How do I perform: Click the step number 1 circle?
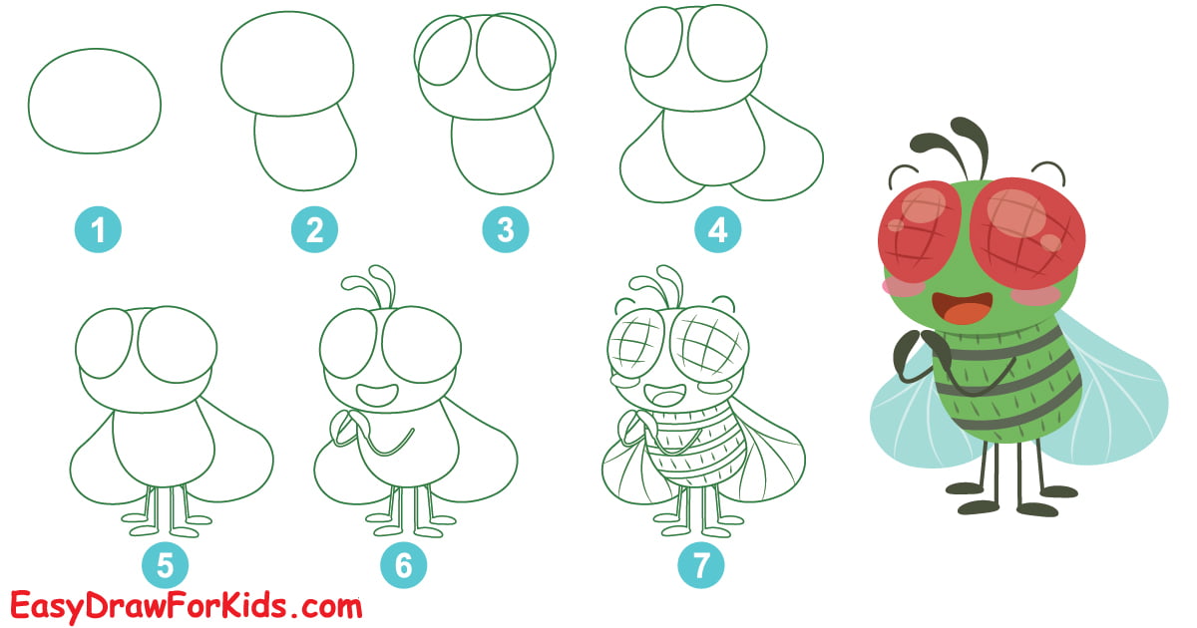(98, 232)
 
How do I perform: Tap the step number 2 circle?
(314, 231)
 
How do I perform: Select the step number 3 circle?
(505, 231)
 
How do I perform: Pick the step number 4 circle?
(717, 231)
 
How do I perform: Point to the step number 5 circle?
(166, 566)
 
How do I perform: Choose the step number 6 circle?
(403, 566)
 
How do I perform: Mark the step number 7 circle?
(701, 566)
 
